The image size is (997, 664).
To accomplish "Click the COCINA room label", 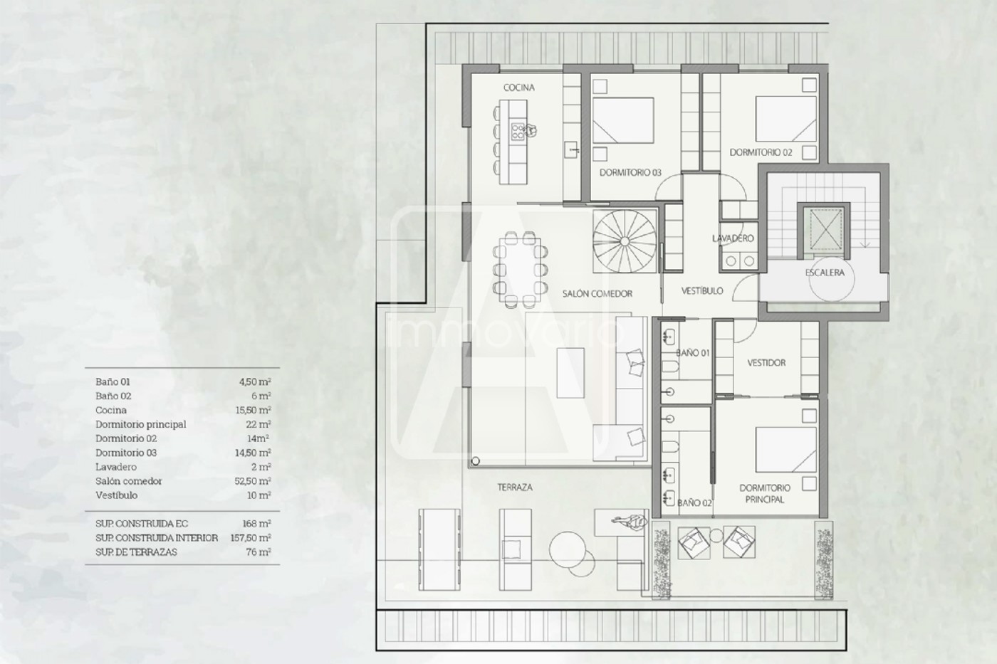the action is (519, 88).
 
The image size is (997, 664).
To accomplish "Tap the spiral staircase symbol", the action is (625, 241).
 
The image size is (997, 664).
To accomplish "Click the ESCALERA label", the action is (825, 273).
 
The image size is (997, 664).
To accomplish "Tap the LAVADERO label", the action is (733, 238).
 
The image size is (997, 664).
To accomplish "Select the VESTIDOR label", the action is (766, 363).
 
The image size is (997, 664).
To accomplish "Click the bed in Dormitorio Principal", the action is (786, 450).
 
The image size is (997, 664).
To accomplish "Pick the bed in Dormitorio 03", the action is (623, 120).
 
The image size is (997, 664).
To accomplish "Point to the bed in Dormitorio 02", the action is (786, 118).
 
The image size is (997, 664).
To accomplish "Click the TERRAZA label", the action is (515, 488).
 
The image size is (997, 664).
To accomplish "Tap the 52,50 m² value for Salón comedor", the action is (253, 481).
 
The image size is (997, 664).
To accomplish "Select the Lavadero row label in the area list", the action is (115, 467).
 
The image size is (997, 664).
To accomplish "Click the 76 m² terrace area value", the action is (259, 552).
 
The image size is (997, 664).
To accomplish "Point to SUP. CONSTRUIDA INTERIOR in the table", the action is (157, 538).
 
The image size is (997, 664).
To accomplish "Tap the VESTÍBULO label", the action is (702, 291).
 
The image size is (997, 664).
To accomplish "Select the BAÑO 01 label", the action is (693, 353).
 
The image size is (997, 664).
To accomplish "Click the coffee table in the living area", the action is (570, 373).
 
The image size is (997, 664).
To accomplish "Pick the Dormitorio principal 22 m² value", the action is (259, 424).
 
